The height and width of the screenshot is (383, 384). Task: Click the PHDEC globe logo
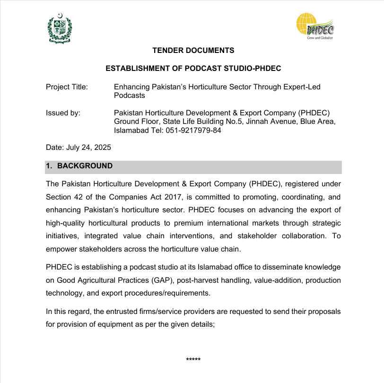click(315, 27)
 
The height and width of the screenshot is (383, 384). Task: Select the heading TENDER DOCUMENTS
click(193, 51)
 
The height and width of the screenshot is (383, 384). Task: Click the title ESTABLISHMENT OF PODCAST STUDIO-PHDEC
click(193, 69)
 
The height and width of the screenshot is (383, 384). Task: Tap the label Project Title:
click(67, 87)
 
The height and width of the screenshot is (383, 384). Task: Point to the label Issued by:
click(63, 113)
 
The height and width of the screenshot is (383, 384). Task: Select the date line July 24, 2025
click(79, 148)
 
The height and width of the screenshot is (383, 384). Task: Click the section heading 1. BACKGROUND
click(79, 166)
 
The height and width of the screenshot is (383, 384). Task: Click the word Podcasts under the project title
click(130, 95)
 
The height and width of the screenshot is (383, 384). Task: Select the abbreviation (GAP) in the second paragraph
click(163, 280)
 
